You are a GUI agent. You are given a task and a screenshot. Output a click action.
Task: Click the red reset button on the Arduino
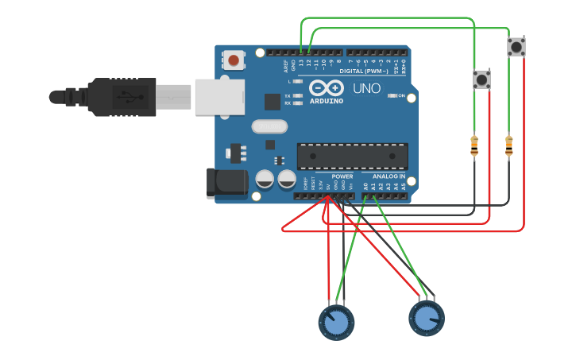pos(234,60)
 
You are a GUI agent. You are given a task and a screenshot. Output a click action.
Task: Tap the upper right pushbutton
pos(516,47)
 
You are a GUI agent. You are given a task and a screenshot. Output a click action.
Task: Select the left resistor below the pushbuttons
pos(474,146)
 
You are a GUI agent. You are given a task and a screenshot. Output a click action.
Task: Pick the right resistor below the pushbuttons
pos(509,146)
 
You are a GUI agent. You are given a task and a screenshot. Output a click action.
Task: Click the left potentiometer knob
pos(336,321)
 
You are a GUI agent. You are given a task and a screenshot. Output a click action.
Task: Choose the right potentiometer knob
pos(427,318)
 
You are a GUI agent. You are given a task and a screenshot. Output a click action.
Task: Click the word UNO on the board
pos(366,88)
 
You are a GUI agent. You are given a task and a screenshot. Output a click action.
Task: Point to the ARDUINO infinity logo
pos(327,88)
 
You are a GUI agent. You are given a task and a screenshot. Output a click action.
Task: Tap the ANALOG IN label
pos(389,176)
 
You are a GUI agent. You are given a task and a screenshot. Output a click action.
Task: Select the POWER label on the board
pos(342,176)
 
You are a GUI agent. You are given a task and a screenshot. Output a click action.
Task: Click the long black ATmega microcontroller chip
pos(352,156)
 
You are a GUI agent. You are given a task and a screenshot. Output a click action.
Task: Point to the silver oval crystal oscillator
pos(269,126)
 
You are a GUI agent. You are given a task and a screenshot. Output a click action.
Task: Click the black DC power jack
pos(227,182)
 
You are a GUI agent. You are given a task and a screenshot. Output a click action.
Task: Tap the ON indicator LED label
pos(401,95)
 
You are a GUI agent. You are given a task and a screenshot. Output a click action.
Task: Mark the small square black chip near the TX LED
pos(273,101)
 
